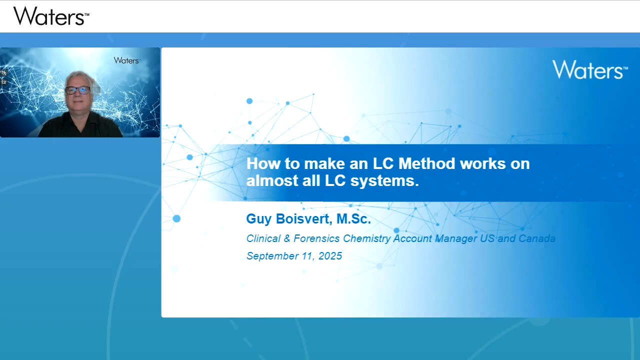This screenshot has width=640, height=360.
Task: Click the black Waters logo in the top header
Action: [x=51, y=16]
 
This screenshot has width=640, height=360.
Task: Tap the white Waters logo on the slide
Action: [x=590, y=69]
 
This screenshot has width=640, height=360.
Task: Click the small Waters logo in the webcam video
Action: [x=127, y=60]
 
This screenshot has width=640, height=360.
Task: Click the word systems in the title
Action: [x=384, y=181]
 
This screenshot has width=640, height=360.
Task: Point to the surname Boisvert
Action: [x=304, y=219]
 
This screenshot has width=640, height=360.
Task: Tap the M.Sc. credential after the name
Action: [x=353, y=219]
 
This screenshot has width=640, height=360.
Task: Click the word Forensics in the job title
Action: [x=316, y=238]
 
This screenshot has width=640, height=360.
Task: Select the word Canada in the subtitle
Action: [x=537, y=238]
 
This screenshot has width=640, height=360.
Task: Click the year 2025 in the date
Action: [x=330, y=256]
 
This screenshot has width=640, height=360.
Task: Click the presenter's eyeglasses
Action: [x=78, y=90]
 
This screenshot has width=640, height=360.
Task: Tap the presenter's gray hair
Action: [x=79, y=78]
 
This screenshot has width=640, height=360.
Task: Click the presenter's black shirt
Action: [x=80, y=125]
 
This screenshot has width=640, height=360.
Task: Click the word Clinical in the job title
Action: [x=263, y=238]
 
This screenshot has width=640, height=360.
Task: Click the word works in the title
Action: [x=483, y=163]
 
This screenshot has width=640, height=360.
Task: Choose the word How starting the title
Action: [x=263, y=163]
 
